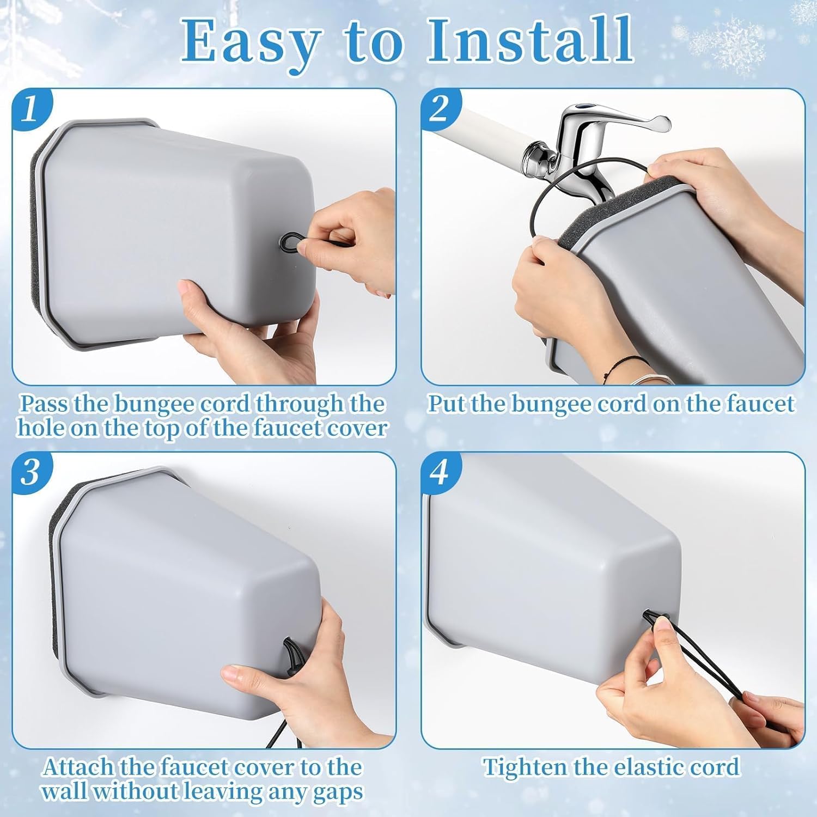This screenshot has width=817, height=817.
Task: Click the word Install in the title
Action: (529, 41)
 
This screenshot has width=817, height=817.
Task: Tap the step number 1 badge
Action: (31, 108)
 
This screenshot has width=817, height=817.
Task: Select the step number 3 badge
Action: (31, 471)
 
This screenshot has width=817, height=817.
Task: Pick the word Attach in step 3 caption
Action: (78, 767)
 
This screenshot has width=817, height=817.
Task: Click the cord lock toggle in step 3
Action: (289, 666)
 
